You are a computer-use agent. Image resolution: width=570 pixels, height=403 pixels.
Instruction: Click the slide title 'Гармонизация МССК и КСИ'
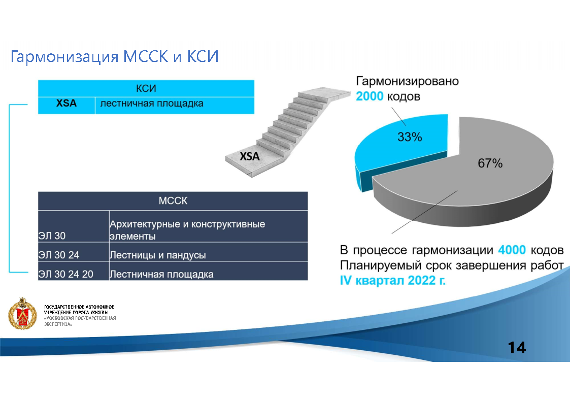tap(115, 56)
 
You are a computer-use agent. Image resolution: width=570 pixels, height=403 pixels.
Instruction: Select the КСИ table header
tap(146, 88)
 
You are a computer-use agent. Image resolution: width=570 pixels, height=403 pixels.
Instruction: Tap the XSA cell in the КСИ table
tap(66, 104)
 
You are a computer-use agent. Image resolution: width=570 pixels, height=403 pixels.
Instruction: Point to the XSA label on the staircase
tap(249, 156)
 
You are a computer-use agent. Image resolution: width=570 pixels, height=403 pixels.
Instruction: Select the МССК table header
tap(173, 201)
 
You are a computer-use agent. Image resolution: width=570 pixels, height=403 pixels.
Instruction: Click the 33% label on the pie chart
tap(410, 137)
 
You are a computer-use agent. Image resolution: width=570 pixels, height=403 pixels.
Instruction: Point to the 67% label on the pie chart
tap(490, 163)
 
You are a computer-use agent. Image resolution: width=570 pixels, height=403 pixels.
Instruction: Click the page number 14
tap(517, 348)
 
